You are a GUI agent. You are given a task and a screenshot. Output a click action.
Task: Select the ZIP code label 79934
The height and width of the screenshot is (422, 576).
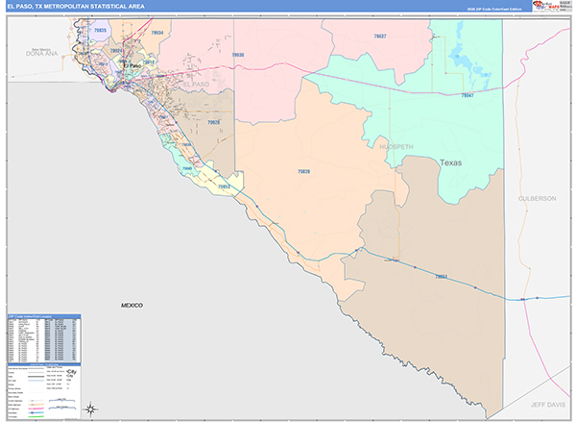point(157,33)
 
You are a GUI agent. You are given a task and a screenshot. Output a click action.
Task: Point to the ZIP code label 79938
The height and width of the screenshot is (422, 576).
point(238,56)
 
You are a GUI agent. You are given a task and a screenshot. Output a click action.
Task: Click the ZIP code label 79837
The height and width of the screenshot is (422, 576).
point(380,36)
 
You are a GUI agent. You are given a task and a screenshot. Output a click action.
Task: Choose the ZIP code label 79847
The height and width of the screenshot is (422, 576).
point(468,95)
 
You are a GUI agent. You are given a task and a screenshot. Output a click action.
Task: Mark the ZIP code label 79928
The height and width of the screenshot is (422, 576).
point(213,122)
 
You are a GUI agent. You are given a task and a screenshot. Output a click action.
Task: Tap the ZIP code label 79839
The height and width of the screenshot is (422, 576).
point(303,171)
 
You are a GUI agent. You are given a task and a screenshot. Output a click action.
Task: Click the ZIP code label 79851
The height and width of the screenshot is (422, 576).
point(442,276)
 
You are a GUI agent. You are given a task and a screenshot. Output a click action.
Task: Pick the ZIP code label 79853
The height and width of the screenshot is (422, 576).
point(225,186)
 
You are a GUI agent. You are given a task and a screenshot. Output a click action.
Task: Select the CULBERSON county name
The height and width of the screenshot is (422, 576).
point(537,198)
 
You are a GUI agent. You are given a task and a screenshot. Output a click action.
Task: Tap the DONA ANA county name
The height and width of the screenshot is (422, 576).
point(42,54)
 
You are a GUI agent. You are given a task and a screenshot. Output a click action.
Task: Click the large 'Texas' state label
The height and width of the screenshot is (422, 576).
point(450,162)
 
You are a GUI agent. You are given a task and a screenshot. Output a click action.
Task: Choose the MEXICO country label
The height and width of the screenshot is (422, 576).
point(132,305)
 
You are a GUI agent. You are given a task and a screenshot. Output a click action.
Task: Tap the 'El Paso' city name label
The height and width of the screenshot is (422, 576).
point(132,65)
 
